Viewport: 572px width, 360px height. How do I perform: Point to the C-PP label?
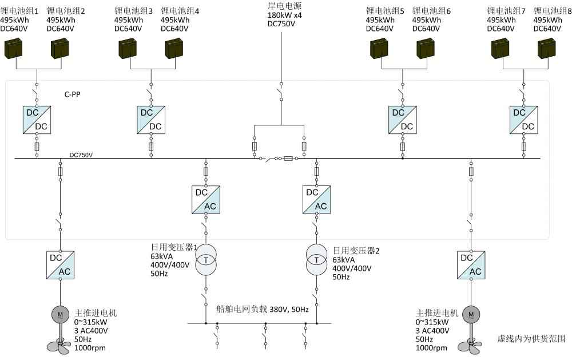click(x=72, y=94)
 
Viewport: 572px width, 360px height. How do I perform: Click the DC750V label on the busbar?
click(x=81, y=155)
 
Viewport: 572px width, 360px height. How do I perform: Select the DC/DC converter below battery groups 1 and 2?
click(x=36, y=120)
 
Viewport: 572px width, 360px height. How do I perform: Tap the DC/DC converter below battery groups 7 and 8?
click(x=523, y=120)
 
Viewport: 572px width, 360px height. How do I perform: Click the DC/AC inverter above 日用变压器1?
click(x=206, y=199)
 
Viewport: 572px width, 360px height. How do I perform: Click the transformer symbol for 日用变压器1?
click(x=205, y=259)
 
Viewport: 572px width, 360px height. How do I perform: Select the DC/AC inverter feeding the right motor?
click(x=471, y=264)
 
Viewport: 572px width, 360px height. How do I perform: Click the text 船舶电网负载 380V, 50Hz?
click(x=263, y=310)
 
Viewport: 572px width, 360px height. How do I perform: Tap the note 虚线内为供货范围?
click(x=531, y=339)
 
